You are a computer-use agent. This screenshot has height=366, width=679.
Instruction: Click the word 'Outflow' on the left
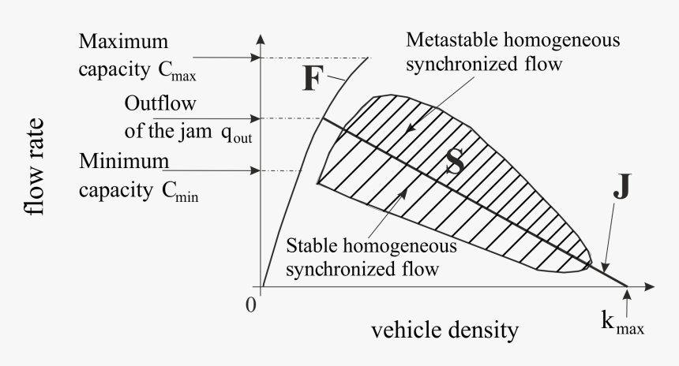pyautogui.click(x=154, y=104)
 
